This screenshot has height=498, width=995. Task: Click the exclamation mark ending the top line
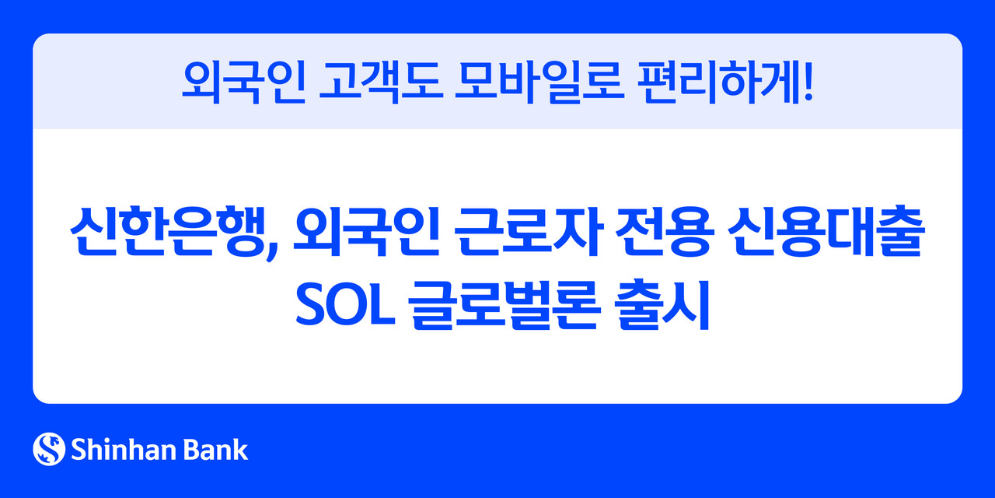coord(808,82)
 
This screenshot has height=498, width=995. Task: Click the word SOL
coord(337,307)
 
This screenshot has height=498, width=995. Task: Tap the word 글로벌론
coord(496,307)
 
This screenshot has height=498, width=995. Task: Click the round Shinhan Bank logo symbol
coord(49,449)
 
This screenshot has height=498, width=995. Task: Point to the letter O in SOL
coord(339,307)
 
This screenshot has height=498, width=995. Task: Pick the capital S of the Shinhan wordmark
coord(79,449)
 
